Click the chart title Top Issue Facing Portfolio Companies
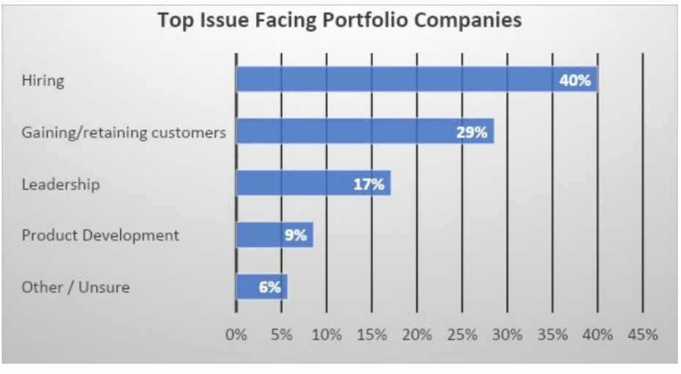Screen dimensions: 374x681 coord(340,20)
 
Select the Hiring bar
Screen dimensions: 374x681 coord(395,80)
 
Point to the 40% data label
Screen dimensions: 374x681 coord(575,80)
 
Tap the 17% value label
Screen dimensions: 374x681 coord(368,183)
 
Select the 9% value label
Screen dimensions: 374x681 coord(295,235)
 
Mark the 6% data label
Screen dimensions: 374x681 coord(269,287)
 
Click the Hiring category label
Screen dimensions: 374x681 coord(42,81)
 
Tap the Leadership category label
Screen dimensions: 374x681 coord(60,183)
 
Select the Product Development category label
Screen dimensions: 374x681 coord(100,235)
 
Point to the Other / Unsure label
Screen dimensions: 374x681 coord(75,287)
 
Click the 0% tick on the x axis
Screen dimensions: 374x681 coord(236,335)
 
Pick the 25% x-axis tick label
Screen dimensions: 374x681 coord(461,335)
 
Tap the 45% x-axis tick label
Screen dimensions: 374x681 coord(642,335)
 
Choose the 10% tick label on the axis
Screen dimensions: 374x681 coord(327,335)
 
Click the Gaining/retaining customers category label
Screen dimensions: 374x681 coord(123,132)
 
